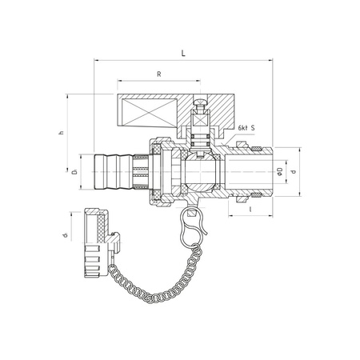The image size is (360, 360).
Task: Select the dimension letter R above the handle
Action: click(x=159, y=74)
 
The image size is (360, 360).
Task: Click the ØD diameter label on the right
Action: click(x=278, y=171)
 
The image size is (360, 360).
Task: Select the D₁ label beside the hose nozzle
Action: click(x=72, y=172)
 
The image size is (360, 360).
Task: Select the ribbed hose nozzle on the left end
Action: click(x=112, y=171)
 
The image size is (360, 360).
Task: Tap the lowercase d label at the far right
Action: click(x=294, y=171)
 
